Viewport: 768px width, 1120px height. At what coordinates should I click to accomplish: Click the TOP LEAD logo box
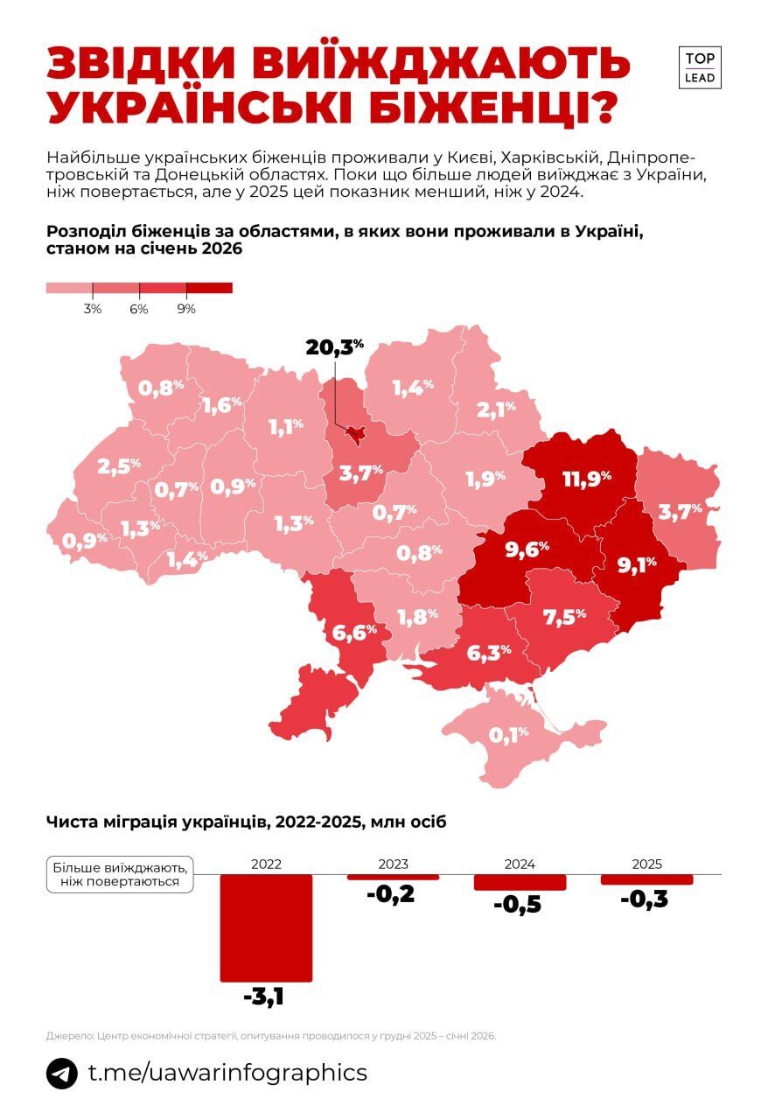pyautogui.click(x=700, y=67)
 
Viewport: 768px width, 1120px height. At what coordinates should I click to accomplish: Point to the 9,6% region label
pyautogui.click(x=527, y=549)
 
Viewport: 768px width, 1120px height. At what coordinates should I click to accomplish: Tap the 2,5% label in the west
pyautogui.click(x=119, y=466)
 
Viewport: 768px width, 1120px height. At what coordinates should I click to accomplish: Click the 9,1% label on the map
pyautogui.click(x=636, y=565)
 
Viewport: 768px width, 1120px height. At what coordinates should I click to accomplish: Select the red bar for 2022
pyautogui.click(x=266, y=927)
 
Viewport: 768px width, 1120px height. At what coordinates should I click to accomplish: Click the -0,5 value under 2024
pyautogui.click(x=518, y=905)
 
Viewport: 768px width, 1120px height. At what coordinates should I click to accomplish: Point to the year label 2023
pyautogui.click(x=393, y=864)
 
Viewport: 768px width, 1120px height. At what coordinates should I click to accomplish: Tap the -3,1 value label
pyautogui.click(x=265, y=996)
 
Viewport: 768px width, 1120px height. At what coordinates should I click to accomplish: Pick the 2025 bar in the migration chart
pyautogui.click(x=646, y=879)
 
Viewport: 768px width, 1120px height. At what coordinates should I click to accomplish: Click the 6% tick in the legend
pyautogui.click(x=139, y=309)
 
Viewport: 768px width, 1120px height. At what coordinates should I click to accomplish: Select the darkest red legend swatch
pyautogui.click(x=209, y=288)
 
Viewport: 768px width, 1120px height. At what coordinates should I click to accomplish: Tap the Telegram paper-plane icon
pyautogui.click(x=62, y=1073)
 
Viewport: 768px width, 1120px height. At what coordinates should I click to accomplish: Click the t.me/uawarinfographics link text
pyautogui.click(x=227, y=1073)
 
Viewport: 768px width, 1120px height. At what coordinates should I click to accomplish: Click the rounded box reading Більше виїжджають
pyautogui.click(x=120, y=874)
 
